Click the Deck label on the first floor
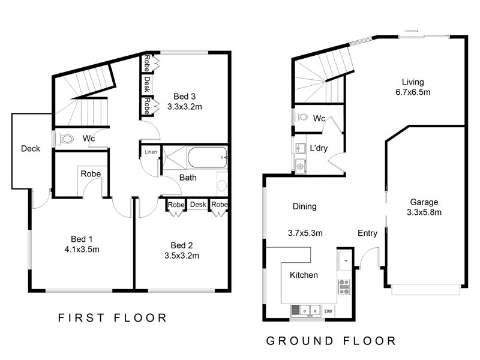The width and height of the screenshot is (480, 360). [x=31, y=149]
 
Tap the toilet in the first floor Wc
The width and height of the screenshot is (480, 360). [x=66, y=139]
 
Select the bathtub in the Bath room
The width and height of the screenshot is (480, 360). [x=207, y=158]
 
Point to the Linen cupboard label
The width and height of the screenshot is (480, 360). [x=151, y=152]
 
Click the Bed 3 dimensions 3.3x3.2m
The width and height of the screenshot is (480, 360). [x=185, y=107]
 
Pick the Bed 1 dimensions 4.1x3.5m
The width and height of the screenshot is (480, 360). [x=82, y=250]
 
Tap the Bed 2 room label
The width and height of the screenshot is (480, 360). [x=182, y=245]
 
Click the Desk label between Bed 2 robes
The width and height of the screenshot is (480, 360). [x=198, y=204]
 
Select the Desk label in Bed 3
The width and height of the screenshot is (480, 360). [x=147, y=85]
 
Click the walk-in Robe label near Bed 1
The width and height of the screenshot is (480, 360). [x=91, y=174]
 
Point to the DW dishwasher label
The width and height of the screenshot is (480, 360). [x=328, y=311]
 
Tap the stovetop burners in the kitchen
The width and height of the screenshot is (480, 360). [x=344, y=287]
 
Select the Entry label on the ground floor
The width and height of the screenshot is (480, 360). [x=367, y=233]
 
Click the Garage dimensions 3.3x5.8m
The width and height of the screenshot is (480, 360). [x=424, y=212]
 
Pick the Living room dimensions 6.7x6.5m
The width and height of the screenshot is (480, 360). [x=413, y=92]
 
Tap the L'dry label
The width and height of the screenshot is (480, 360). [x=319, y=148]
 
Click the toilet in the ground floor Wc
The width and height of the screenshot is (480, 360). [x=303, y=116]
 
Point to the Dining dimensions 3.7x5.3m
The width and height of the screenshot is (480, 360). [x=305, y=233]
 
